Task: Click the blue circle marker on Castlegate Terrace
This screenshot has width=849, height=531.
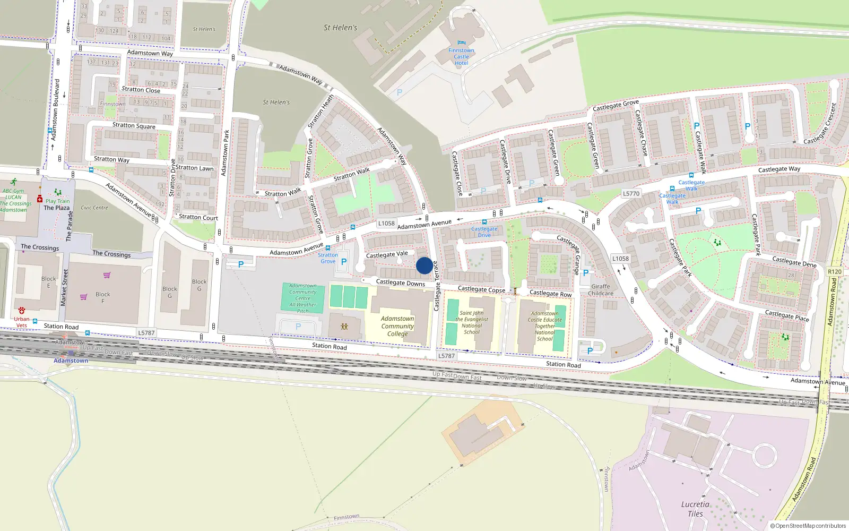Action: click(424, 265)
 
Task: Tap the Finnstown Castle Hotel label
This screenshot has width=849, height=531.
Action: click(461, 57)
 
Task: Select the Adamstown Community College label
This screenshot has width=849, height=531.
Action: click(397, 326)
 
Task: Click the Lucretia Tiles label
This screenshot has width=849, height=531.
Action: click(695, 509)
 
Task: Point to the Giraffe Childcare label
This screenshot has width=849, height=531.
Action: click(601, 289)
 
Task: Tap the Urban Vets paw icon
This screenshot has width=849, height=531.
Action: click(22, 310)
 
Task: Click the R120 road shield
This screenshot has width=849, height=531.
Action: click(834, 271)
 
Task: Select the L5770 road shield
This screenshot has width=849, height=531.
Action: click(631, 194)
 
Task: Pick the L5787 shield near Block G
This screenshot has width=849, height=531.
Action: click(146, 333)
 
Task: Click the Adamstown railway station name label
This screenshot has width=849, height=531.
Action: click(71, 361)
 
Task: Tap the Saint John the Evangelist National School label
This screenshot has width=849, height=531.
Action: click(471, 322)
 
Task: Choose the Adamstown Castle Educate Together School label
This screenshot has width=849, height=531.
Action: click(545, 326)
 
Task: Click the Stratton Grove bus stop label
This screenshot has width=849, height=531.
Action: click(328, 258)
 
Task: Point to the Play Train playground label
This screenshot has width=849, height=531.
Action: click(57, 201)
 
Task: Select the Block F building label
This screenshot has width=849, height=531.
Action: click(103, 297)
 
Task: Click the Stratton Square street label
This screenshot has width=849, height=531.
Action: click(134, 126)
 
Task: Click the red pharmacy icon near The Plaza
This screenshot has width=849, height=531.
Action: click(40, 199)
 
